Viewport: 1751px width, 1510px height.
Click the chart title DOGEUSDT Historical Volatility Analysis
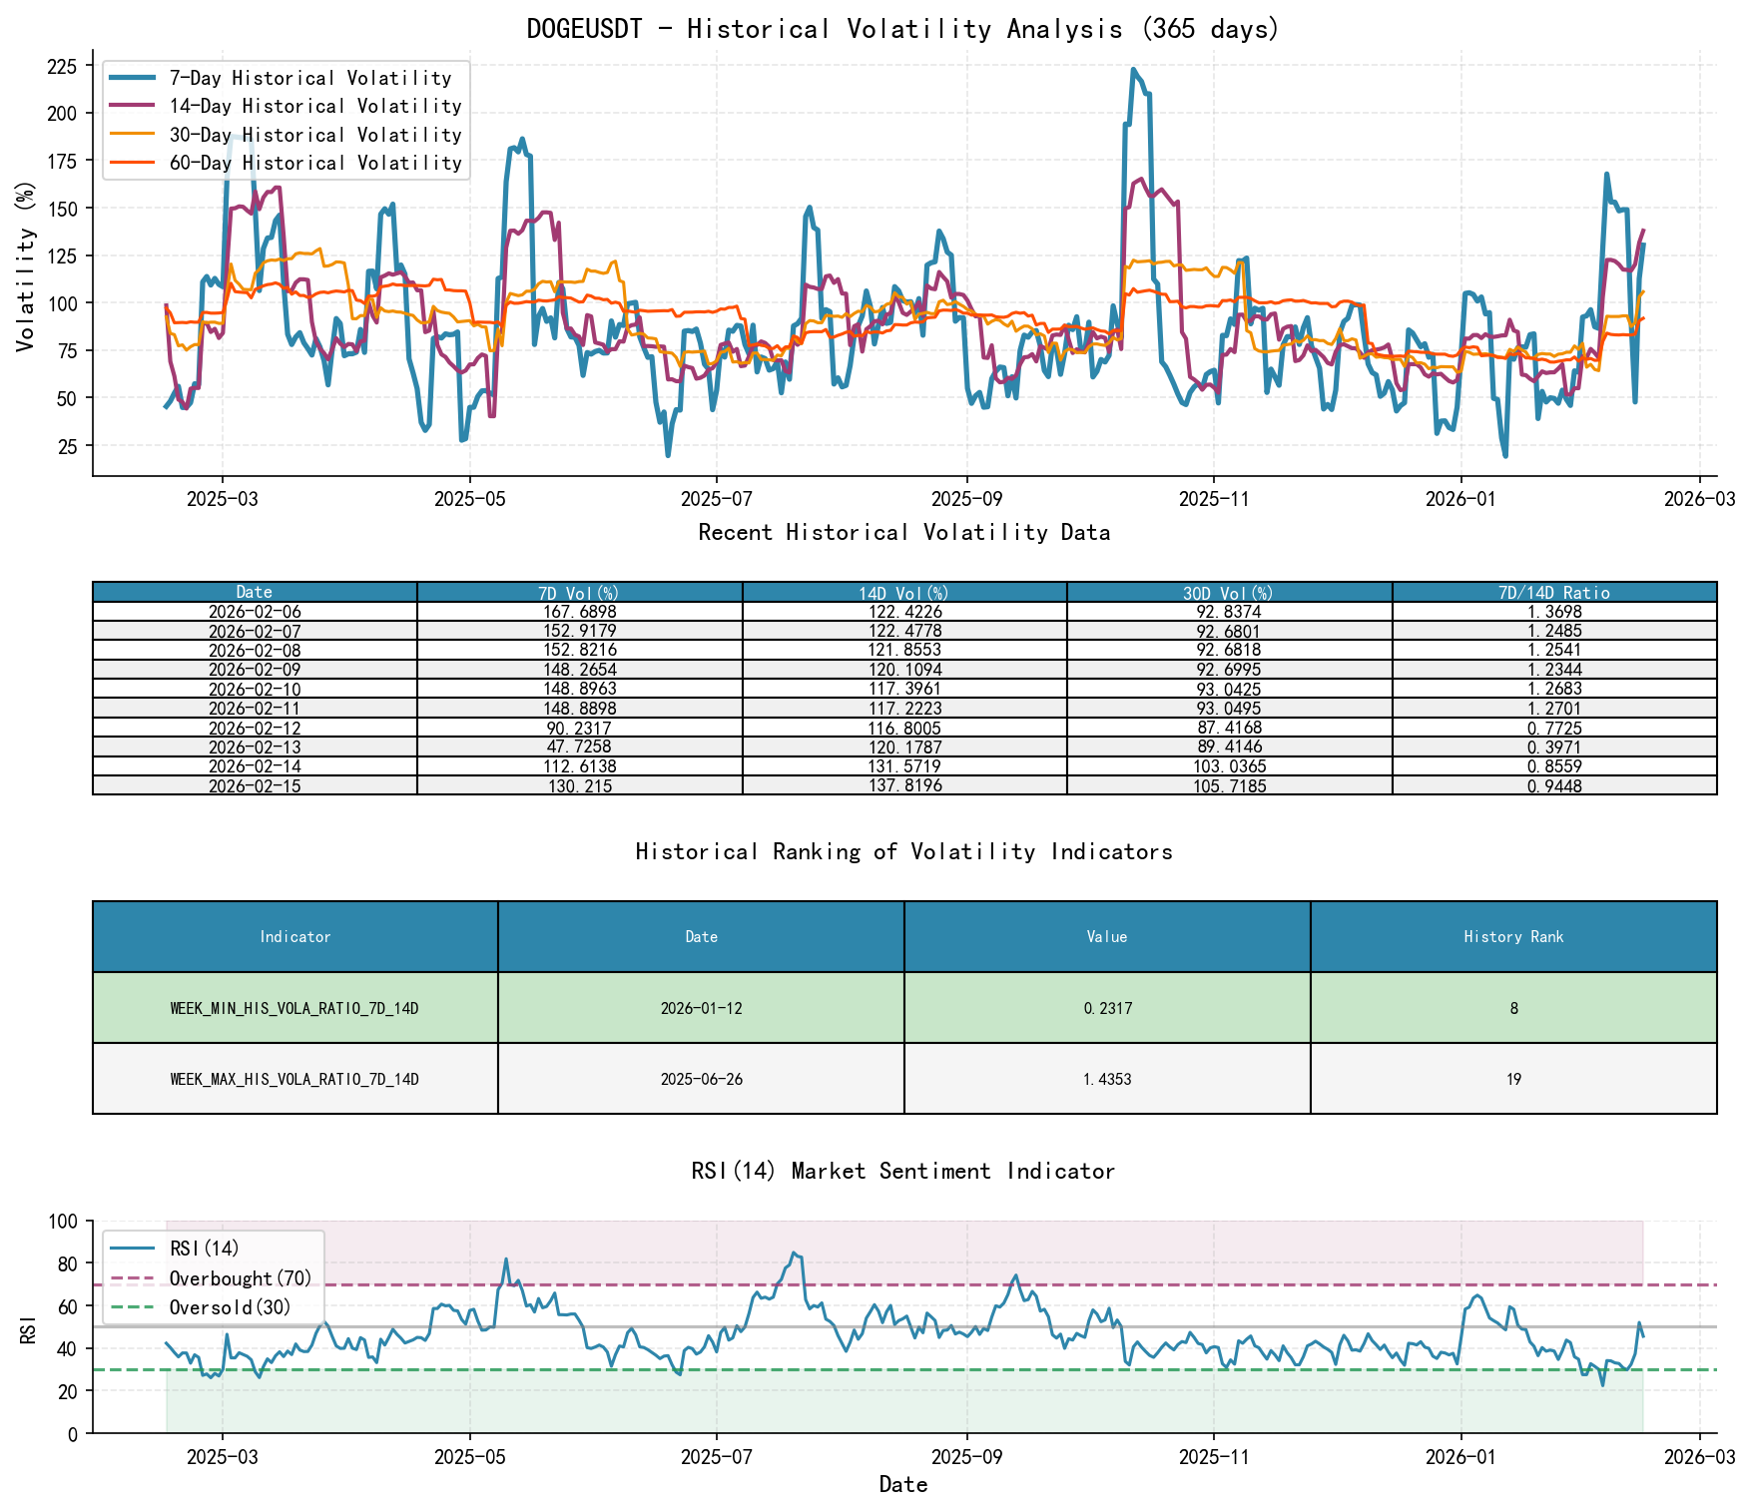(x=902, y=29)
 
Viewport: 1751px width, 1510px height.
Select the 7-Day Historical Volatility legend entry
(x=309, y=78)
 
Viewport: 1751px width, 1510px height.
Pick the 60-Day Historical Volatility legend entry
(x=314, y=163)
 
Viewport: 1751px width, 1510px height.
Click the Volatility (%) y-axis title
(x=25, y=266)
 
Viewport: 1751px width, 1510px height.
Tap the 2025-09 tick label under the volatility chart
(x=965, y=499)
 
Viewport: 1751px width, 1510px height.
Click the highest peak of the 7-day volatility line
(x=1132, y=70)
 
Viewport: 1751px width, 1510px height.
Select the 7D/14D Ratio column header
(x=1553, y=593)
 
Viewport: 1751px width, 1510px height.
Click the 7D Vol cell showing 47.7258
(x=579, y=748)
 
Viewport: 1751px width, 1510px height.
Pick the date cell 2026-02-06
(x=255, y=612)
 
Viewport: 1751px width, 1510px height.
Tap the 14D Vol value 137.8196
(x=903, y=786)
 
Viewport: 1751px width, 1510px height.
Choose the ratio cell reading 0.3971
(x=1553, y=748)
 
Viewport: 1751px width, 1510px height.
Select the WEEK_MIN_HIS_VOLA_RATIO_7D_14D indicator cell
(x=294, y=1009)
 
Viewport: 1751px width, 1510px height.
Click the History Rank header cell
(x=1512, y=937)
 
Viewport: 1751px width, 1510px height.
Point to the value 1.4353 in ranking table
(x=1106, y=1080)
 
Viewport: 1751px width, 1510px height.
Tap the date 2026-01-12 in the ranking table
(x=701, y=1009)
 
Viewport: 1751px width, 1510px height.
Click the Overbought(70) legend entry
(x=240, y=1279)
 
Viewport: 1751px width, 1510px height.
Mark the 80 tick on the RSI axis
(x=65, y=1263)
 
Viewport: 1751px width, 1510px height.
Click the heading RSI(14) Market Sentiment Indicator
(x=902, y=1171)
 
